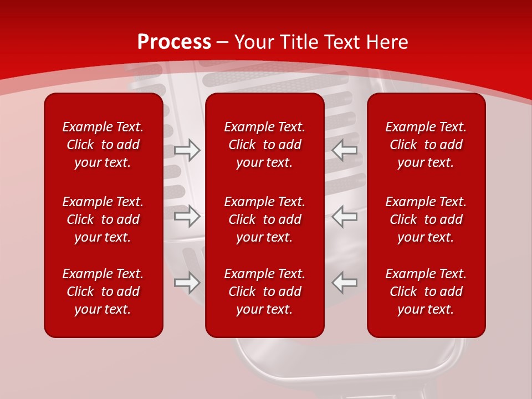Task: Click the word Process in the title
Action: [174, 42]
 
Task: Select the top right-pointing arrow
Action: [187, 150]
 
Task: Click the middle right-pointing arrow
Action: [187, 216]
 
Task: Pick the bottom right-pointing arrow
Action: [187, 283]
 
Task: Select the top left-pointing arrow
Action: [345, 150]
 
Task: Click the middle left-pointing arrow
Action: [345, 216]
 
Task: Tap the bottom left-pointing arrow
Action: [345, 283]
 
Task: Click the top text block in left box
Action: [103, 145]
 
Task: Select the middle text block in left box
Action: [103, 219]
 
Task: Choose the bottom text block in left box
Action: [103, 291]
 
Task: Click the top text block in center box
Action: [265, 145]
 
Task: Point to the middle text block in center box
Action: [265, 219]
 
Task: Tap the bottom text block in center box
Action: [265, 291]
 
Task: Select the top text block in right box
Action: [426, 145]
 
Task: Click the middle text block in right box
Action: [426, 219]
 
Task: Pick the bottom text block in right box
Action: [426, 291]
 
